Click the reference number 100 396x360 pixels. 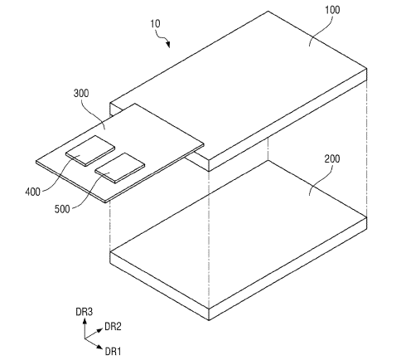332,10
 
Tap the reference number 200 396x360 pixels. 332,159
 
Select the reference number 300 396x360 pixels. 81,94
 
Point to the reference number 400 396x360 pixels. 32,192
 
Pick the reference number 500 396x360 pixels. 62,209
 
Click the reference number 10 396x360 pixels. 155,24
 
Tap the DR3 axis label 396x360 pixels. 85,312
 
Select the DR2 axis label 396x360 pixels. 113,327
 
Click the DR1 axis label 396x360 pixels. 113,352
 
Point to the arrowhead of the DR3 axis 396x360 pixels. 85,321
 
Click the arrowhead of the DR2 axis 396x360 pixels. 100,330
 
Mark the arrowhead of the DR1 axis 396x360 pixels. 100,347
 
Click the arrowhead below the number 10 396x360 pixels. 168,44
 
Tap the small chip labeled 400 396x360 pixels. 90,151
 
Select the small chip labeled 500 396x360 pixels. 120,168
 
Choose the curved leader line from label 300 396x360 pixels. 94,114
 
